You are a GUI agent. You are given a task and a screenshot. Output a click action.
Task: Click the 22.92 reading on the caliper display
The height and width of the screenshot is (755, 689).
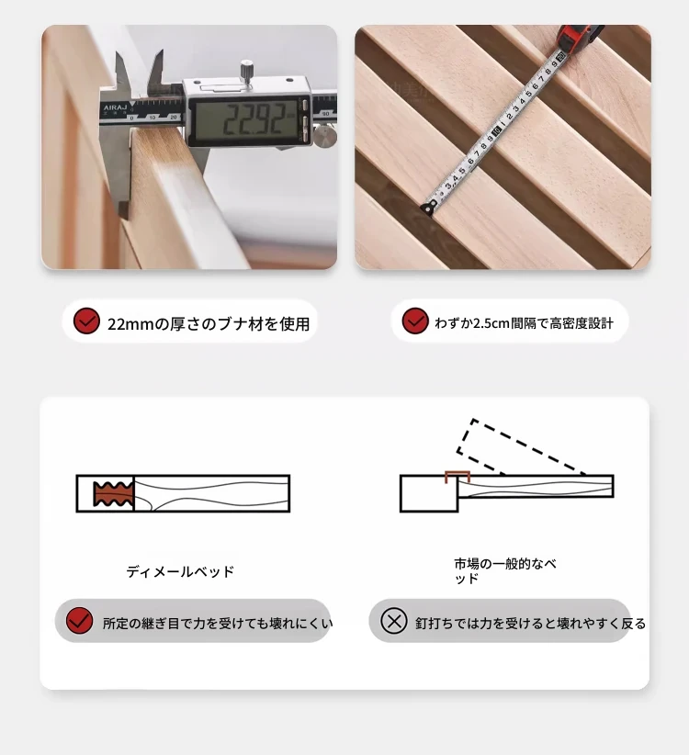click(x=253, y=119)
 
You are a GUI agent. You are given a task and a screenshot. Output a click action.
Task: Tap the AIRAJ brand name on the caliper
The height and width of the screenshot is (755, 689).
click(x=114, y=107)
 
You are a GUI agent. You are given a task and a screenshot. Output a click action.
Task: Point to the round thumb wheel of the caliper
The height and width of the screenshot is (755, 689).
click(x=325, y=136)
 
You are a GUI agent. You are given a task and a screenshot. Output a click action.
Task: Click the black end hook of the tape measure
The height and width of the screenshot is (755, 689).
click(x=428, y=208)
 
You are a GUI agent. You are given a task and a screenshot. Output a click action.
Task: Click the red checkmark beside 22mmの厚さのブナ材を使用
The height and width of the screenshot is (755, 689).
click(x=86, y=321)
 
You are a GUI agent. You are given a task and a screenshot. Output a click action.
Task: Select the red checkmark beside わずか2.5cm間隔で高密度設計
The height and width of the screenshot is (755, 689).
click(x=415, y=321)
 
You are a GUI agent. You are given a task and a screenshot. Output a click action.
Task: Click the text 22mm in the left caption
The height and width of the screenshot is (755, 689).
click(x=130, y=324)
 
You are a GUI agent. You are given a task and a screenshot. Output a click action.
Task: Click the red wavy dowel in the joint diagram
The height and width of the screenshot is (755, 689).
click(x=114, y=493)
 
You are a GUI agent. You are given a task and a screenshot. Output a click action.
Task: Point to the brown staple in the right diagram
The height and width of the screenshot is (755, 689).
click(x=457, y=477)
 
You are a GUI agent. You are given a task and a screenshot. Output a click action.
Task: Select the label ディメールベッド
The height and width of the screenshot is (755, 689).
click(x=180, y=571)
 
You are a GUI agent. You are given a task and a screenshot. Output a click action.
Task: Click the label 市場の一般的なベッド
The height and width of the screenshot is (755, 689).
click(x=505, y=570)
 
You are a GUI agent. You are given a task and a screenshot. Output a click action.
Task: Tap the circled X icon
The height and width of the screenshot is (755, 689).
click(x=394, y=621)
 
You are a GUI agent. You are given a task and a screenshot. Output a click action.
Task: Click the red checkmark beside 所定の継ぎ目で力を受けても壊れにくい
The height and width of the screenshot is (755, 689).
click(x=79, y=620)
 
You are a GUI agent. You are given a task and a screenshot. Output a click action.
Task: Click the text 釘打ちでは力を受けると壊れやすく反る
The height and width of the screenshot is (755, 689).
click(x=531, y=624)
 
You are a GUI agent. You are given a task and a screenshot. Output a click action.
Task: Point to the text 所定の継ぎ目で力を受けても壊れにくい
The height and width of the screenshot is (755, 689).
click(x=218, y=624)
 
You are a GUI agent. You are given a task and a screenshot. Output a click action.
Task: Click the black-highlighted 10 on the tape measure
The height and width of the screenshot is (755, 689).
click(x=496, y=130)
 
